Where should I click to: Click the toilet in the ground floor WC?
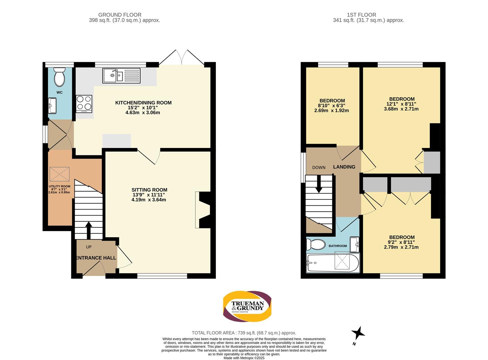(59, 77)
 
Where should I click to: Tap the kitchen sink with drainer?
(121, 76)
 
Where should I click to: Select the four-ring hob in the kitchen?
(84, 104)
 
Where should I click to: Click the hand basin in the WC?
(52, 106)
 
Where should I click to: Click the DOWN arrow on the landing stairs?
(319, 184)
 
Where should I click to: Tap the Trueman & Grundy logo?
(247, 306)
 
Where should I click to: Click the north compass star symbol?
(358, 333)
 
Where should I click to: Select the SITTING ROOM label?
(149, 190)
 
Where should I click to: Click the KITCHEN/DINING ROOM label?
(143, 103)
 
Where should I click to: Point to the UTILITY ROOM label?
(59, 186)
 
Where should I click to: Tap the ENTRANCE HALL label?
(96, 258)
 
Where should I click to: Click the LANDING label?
(344, 167)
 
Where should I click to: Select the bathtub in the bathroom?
(333, 263)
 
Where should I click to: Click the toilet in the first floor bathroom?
(316, 244)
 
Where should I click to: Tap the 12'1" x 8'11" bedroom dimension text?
(401, 104)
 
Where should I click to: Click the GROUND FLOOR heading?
(120, 15)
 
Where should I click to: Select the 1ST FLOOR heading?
(362, 15)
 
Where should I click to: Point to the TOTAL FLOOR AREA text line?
(244, 333)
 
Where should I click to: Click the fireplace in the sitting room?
(202, 210)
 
